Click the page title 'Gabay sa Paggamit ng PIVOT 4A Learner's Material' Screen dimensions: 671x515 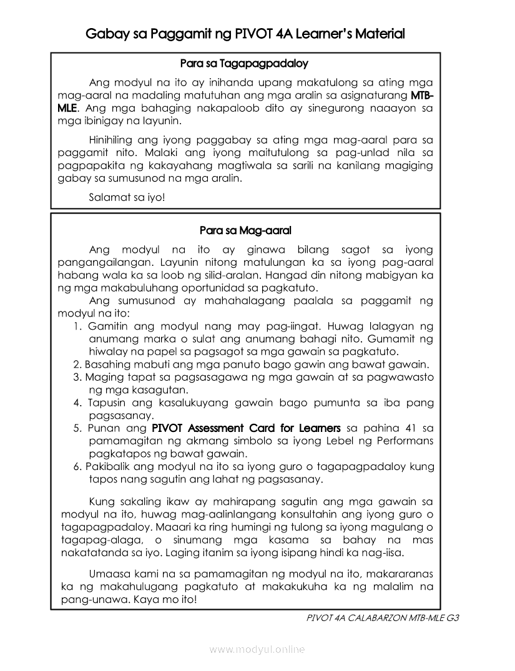pos(245,33)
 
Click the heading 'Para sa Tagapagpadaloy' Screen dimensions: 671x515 pos(244,64)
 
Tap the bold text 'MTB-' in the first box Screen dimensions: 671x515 pos(423,96)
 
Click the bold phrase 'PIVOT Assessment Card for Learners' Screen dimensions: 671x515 pos(247,428)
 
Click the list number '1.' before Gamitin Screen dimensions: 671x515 pos(78,326)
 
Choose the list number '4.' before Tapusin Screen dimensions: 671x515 pos(78,403)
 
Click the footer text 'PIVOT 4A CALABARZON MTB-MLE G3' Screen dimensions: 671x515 pos(383,618)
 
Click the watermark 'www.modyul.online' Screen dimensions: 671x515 pos(257,649)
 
